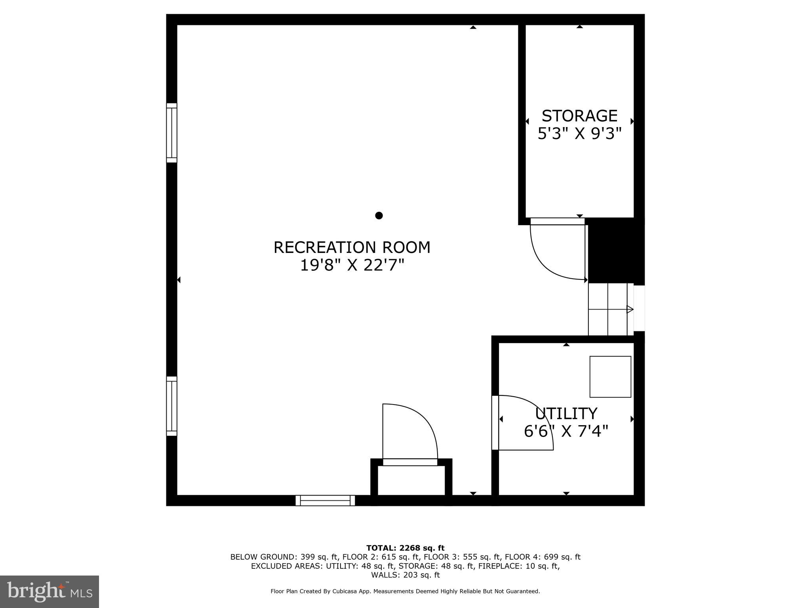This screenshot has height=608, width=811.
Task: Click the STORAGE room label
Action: (x=579, y=116)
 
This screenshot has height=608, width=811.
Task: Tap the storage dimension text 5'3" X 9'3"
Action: (x=579, y=134)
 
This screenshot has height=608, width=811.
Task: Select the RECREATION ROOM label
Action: (x=352, y=247)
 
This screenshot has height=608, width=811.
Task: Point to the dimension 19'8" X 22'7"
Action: (x=352, y=265)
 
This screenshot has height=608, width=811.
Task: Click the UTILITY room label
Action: (x=566, y=414)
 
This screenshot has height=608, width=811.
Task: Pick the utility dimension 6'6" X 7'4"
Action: (x=566, y=431)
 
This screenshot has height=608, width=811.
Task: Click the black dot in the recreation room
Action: (x=379, y=215)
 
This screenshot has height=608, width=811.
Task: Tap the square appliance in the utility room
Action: (x=610, y=376)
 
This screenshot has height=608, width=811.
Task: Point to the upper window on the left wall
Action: (x=171, y=133)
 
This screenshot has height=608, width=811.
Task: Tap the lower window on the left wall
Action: (x=171, y=406)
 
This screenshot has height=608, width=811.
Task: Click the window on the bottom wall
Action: (x=325, y=500)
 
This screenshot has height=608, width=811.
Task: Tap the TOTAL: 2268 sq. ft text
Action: (x=405, y=548)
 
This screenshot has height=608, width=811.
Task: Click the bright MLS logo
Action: (x=49, y=591)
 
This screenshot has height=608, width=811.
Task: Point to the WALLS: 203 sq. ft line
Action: (x=405, y=575)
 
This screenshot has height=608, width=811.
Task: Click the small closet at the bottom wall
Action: (x=411, y=480)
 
